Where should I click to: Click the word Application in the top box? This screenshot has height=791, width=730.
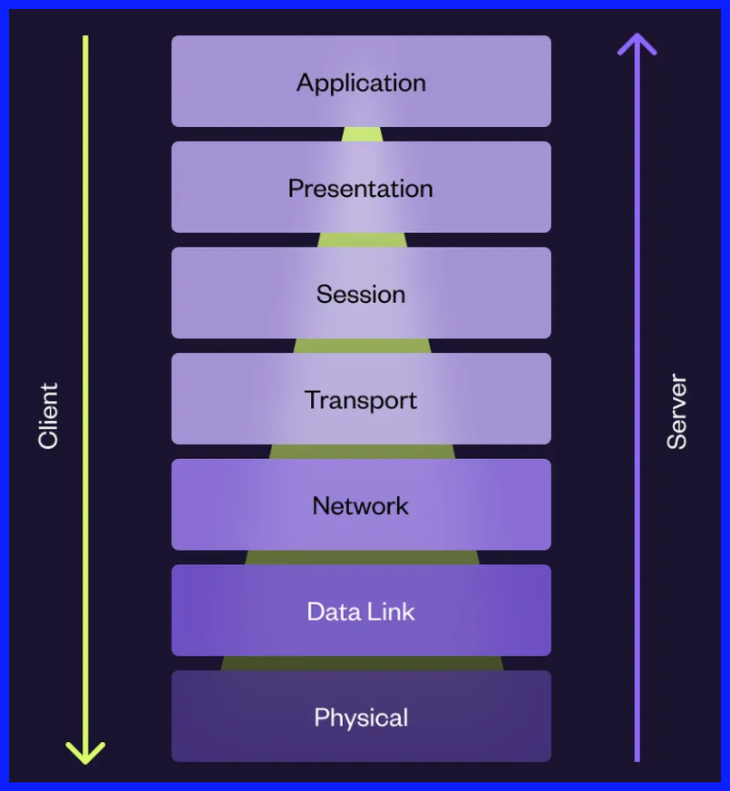361,83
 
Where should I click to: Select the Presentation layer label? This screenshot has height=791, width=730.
361,189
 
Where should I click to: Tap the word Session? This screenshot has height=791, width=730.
361,294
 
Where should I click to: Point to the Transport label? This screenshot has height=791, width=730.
361,400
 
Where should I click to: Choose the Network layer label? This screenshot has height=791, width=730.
361,506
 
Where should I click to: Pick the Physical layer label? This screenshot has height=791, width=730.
361,718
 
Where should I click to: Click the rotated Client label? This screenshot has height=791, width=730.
48,415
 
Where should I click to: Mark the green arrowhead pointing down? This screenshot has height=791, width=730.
86,753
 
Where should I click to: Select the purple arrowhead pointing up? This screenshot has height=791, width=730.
637,44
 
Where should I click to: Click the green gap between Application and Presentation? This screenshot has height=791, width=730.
361,134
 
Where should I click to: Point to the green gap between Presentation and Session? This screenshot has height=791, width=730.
361,240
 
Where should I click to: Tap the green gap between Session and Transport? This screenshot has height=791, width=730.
361,346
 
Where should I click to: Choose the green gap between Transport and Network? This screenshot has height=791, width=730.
361,452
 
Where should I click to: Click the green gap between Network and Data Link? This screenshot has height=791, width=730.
361,558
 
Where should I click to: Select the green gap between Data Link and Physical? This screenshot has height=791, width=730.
361,664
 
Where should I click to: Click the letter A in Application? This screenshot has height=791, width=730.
305,83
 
